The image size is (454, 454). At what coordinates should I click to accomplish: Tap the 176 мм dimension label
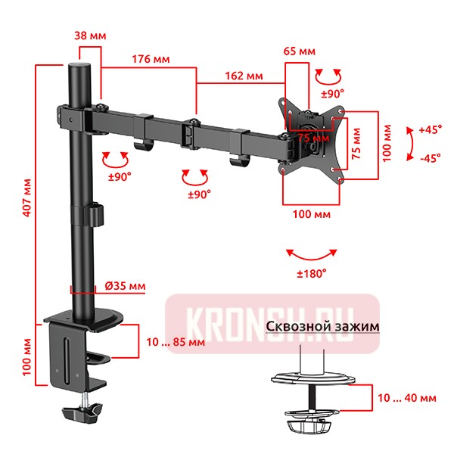(x=151, y=59)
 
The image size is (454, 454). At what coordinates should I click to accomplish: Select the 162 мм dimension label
(x=244, y=76)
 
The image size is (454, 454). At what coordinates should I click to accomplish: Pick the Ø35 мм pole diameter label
(x=125, y=286)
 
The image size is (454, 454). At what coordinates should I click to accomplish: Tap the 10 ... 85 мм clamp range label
(x=175, y=341)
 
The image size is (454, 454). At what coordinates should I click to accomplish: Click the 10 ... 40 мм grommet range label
(x=406, y=396)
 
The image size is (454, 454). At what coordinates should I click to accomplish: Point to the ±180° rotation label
(x=311, y=272)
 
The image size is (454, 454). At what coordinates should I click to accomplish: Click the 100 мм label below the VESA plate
(x=310, y=215)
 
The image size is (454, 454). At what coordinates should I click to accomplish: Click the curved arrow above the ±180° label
(x=311, y=253)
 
